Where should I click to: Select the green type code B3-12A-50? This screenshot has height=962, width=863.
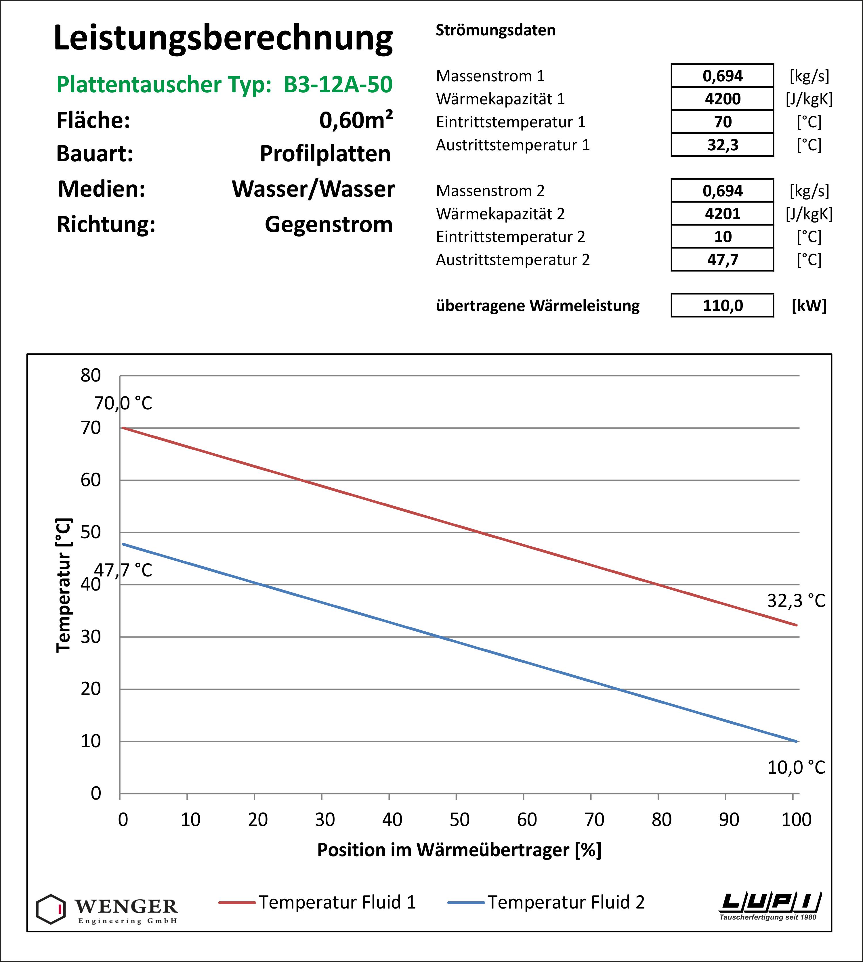(x=338, y=84)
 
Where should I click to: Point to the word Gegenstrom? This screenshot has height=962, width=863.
(x=329, y=224)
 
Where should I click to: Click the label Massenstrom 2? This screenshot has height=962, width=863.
(x=490, y=191)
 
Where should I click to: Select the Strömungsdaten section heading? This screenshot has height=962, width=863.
(x=496, y=30)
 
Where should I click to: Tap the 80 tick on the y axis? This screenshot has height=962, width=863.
(x=91, y=375)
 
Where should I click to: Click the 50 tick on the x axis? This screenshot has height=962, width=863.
(x=459, y=819)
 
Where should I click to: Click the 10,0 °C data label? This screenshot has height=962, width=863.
(x=796, y=767)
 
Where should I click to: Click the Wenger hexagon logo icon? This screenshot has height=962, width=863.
(x=51, y=909)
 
